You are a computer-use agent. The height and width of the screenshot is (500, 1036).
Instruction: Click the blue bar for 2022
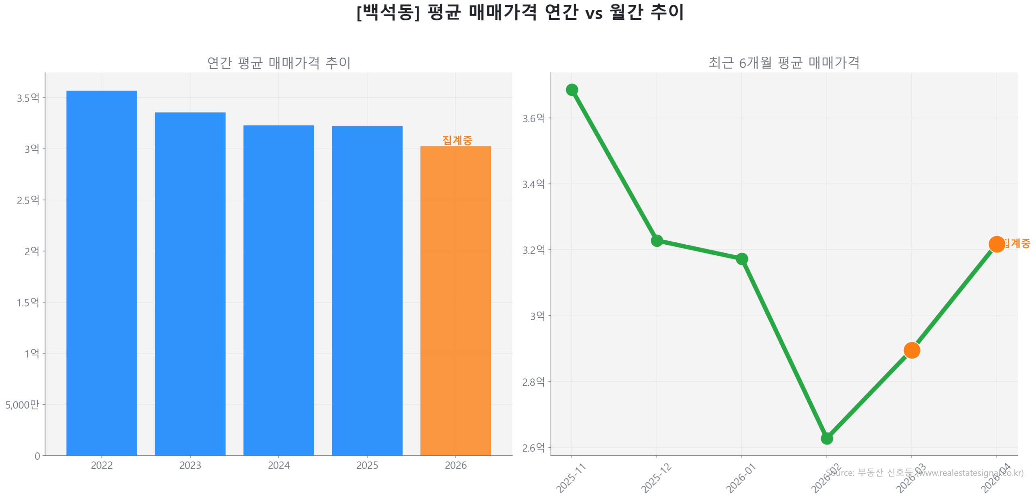pyautogui.click(x=101, y=271)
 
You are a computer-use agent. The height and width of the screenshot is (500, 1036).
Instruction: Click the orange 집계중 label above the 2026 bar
pyautogui.click(x=456, y=140)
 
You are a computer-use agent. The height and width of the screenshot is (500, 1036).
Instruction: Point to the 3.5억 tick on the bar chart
pyautogui.click(x=28, y=98)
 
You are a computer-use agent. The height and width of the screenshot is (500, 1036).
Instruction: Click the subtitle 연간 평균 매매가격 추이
pyautogui.click(x=278, y=62)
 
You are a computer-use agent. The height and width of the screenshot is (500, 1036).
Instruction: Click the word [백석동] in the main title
pyautogui.click(x=388, y=12)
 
